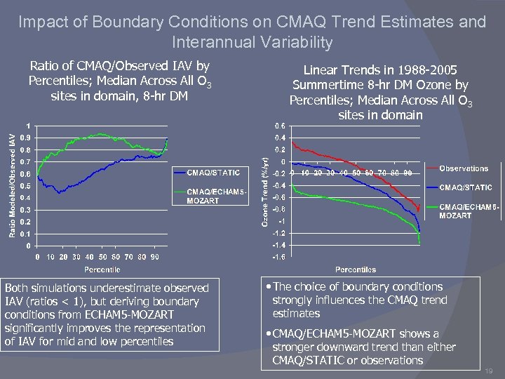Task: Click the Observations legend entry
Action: [464, 168]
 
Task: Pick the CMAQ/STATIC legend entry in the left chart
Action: [213, 172]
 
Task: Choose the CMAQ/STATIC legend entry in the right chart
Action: [466, 187]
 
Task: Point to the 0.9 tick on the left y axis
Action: [24, 138]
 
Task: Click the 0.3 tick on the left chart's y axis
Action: [24, 210]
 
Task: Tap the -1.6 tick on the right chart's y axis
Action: [278, 258]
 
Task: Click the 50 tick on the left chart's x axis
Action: [102, 257]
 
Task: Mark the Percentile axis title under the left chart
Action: [102, 270]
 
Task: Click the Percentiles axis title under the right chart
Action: [355, 270]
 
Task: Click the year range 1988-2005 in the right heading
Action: [424, 70]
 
